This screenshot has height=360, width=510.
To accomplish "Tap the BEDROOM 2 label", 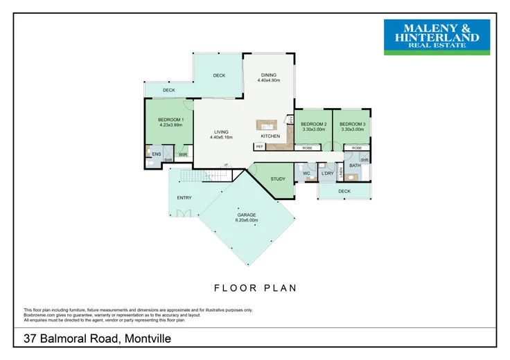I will pyautogui.click(x=313, y=126).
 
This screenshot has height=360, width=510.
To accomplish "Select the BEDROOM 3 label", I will pyautogui.click(x=352, y=126).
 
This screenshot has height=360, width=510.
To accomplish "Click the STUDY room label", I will pyautogui.click(x=278, y=179).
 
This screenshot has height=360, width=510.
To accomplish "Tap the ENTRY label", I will pyautogui.click(x=184, y=198).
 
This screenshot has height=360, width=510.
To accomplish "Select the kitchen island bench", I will pyautogui.click(x=267, y=125).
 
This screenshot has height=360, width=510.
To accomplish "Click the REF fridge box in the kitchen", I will pyautogui.click(x=260, y=147).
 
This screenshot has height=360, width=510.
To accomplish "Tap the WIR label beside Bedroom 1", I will pyautogui.click(x=183, y=154).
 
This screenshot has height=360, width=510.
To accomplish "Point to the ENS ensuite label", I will pyautogui.click(x=157, y=154).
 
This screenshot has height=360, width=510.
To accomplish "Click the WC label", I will pyautogui.click(x=306, y=173).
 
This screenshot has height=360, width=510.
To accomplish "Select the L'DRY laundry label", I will pyautogui.click(x=328, y=173).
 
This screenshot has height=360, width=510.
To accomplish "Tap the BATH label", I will pyautogui.click(x=355, y=165).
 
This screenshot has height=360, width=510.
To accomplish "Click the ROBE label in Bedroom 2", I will pyautogui.click(x=306, y=147).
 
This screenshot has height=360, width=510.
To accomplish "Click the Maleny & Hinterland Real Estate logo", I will pyautogui.click(x=437, y=37).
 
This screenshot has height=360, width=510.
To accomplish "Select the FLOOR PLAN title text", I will pyautogui.click(x=255, y=287).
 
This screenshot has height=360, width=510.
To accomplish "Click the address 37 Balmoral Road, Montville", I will pyautogui.click(x=97, y=339).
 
